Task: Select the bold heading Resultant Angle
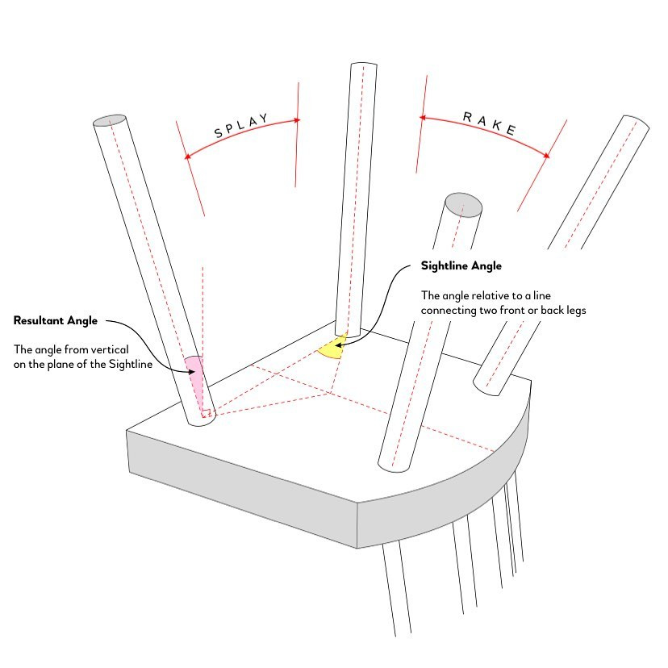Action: [x=56, y=320]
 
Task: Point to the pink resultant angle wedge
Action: [x=194, y=367]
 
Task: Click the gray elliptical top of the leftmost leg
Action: [x=110, y=121]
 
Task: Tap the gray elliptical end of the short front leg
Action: [x=464, y=204]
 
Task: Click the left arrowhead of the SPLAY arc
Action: [x=187, y=156]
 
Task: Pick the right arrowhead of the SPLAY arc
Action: [x=296, y=120]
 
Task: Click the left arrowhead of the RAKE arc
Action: [x=422, y=118]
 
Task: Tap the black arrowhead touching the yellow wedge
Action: [x=340, y=344]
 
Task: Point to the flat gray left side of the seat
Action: [x=234, y=484]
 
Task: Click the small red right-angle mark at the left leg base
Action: [x=206, y=415]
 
